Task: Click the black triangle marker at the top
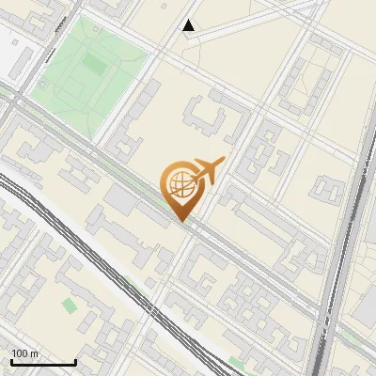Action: click(x=189, y=25)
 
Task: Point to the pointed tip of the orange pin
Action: click(x=182, y=221)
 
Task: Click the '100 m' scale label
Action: click(x=25, y=353)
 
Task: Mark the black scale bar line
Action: click(x=43, y=362)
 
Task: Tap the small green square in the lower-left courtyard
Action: click(x=69, y=305)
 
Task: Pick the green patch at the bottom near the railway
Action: click(x=237, y=361)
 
